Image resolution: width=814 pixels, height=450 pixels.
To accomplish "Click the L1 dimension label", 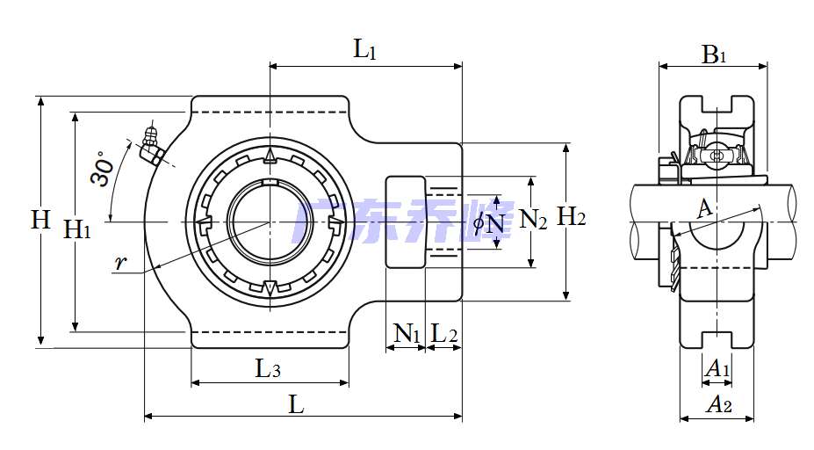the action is tap(364, 50).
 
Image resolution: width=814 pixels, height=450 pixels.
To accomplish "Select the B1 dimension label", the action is tap(714, 54).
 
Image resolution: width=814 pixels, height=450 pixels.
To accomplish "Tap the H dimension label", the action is tap(40, 220).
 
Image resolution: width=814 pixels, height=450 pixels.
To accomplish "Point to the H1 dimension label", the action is tap(76, 229).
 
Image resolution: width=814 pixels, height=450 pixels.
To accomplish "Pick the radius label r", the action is tap(120, 263).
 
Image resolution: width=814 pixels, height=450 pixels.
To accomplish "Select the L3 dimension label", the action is tap(268, 368).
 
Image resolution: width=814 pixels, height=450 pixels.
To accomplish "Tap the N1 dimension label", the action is tap(407, 333).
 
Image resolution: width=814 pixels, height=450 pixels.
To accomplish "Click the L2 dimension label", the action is tap(444, 333).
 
